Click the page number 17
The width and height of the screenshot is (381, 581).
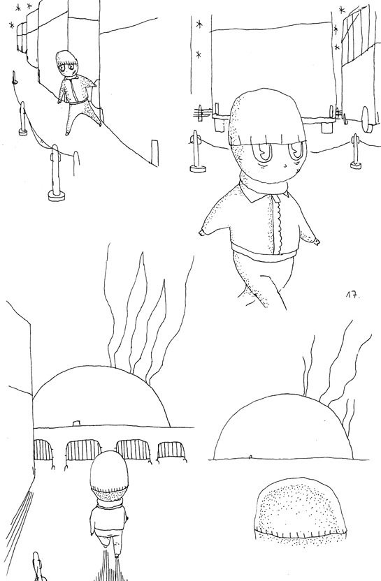pos(351,296)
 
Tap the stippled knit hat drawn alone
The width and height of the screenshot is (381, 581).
pos(300,510)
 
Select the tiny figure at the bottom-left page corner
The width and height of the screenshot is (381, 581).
pos(38,567)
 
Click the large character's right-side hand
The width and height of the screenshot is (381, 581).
pos(314,240)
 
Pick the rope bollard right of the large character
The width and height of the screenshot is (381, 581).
pos(354,154)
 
